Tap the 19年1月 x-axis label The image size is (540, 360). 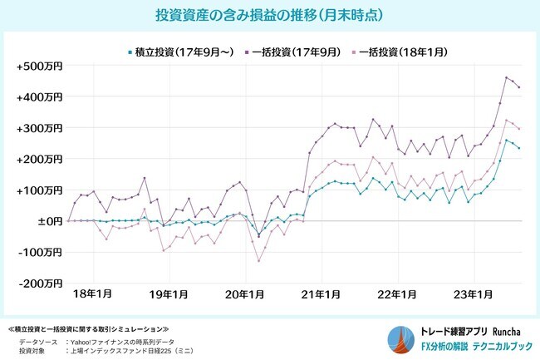click(x=169, y=293)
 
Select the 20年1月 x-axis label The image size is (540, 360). click(x=246, y=293)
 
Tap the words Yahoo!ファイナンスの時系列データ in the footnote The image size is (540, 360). click(x=125, y=342)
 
